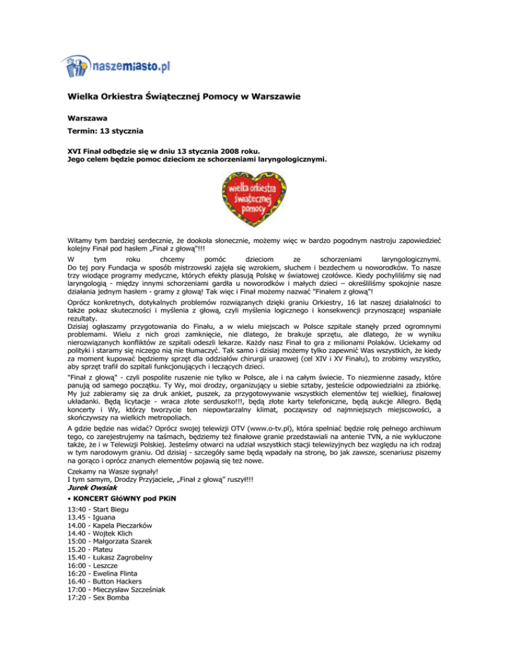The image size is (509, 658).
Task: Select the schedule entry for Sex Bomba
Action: click(99, 625)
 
